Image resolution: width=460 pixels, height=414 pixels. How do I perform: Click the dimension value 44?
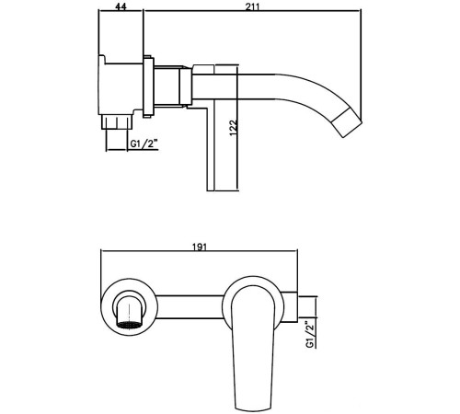point(121,6)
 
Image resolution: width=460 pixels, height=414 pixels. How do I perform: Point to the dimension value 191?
point(198,247)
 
